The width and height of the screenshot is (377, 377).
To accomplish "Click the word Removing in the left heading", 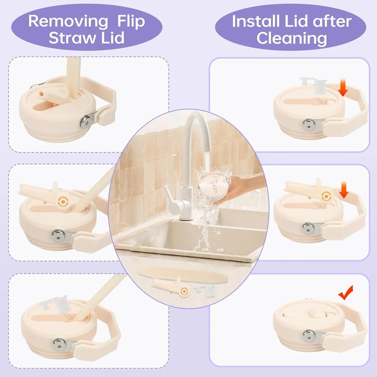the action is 68,21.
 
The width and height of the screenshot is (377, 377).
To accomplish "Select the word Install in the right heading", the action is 255,21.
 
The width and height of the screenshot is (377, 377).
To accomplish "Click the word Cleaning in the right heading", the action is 291,38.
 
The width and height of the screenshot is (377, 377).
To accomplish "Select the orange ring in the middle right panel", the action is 325,196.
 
